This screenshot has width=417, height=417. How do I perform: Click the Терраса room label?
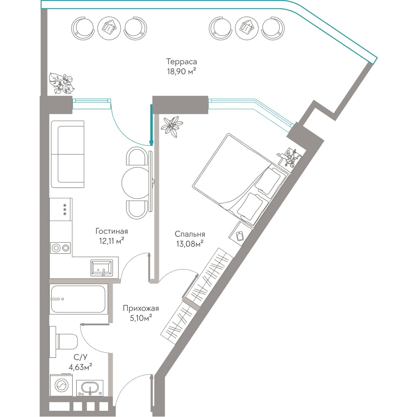pyautogui.click(x=182, y=62)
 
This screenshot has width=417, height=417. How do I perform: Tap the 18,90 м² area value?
pyautogui.click(x=182, y=72)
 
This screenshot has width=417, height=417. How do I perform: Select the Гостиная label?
pyautogui.click(x=112, y=231)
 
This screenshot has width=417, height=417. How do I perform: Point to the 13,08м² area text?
pyautogui.click(x=190, y=244)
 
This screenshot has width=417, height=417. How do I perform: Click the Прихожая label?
pyautogui.click(x=141, y=309)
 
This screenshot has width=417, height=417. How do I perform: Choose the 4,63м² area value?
pyautogui.click(x=80, y=367)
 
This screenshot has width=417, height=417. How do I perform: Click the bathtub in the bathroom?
pyautogui.click(x=78, y=299)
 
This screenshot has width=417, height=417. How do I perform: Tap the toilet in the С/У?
pyautogui.click(x=64, y=342)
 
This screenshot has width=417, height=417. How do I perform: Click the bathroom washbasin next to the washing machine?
pyautogui.click(x=90, y=388)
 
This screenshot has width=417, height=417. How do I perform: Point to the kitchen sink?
pyautogui.click(x=101, y=268)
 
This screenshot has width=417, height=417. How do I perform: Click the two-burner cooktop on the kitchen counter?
pyautogui.click(x=60, y=248)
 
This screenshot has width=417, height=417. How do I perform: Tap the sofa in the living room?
pyautogui.click(x=68, y=154)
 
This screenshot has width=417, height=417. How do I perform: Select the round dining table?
pyautogui.click(x=135, y=183)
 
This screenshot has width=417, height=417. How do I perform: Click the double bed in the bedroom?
pyautogui.click(x=241, y=180)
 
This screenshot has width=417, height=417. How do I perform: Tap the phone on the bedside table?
pyautogui.click(x=240, y=236)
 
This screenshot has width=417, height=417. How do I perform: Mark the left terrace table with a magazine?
pyautogui.click(x=109, y=28)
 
